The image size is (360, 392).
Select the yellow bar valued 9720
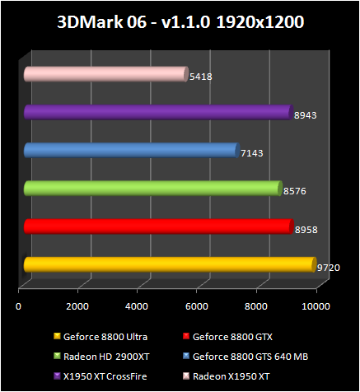tap(169, 264)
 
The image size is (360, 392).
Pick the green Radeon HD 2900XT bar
tap(152, 189)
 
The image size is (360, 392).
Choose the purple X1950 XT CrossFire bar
tap(157, 113)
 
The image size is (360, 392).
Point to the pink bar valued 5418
tap(105, 75)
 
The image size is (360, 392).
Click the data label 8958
tap(306, 230)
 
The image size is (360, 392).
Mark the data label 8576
tap(294, 191)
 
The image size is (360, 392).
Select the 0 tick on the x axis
tap(19, 306)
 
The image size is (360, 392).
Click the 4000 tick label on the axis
tap(137, 306)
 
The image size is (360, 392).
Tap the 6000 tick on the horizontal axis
tap(196, 306)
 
